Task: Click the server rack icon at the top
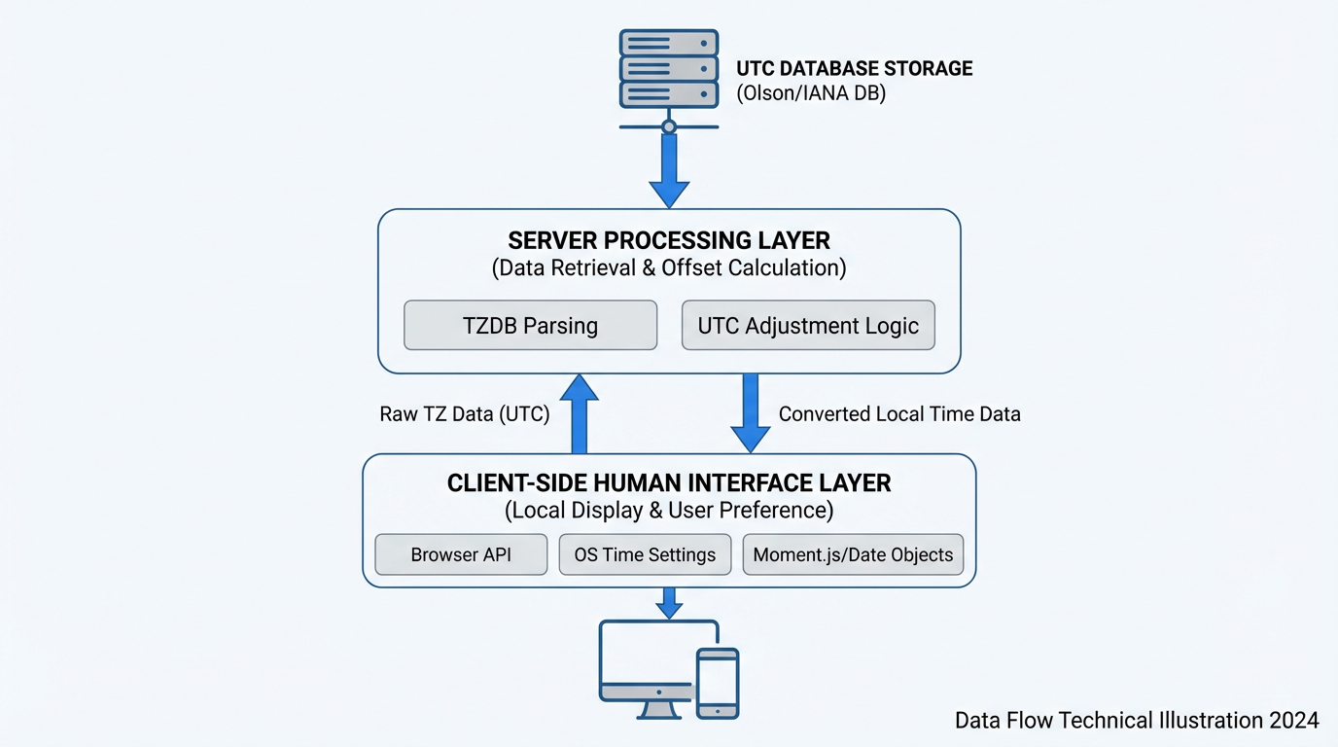(x=668, y=68)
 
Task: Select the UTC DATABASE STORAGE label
(x=854, y=68)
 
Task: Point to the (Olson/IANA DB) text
(x=811, y=94)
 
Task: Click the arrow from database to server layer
(x=669, y=170)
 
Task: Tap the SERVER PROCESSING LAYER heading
(x=669, y=240)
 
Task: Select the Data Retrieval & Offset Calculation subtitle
(x=669, y=268)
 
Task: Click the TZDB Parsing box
(x=530, y=325)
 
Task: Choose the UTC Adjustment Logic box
(x=808, y=325)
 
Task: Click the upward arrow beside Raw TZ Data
(x=580, y=413)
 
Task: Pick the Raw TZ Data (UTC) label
(x=465, y=414)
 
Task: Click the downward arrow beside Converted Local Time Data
(x=751, y=413)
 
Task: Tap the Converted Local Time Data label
(x=899, y=414)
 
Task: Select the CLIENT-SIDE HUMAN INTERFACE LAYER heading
(x=669, y=483)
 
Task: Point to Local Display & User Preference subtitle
(x=669, y=511)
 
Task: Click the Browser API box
(x=461, y=554)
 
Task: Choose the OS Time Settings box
(x=645, y=554)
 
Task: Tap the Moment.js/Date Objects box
(x=853, y=554)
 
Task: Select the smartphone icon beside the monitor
(x=718, y=684)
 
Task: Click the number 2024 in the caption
(x=1293, y=720)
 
